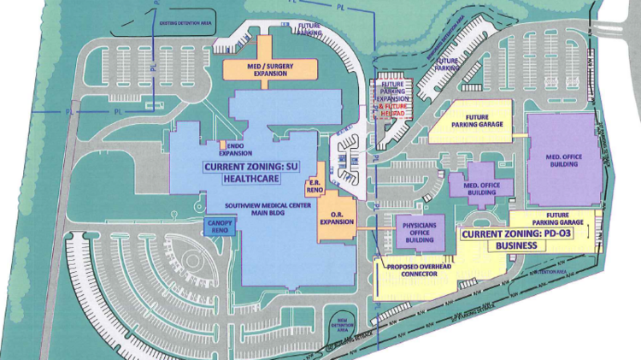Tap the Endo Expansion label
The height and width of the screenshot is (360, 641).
point(232,151)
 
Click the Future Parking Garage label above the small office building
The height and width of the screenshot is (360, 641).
point(481,124)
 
